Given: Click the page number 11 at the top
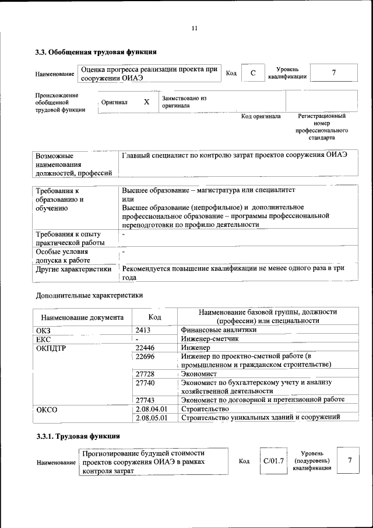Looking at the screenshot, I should (x=195, y=28).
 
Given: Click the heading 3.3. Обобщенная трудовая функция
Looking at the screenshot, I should (x=96, y=53).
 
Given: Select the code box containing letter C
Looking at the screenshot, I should (x=252, y=73).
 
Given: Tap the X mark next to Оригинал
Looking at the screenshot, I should (x=146, y=102).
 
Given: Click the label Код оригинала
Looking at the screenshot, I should (x=261, y=116).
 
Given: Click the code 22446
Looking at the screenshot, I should (x=145, y=347).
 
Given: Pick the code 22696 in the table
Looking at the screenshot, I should (x=145, y=356).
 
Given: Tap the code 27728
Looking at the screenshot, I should (x=145, y=373).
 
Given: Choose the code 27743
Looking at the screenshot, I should (x=145, y=400).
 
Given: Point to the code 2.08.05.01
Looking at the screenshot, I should (x=151, y=418).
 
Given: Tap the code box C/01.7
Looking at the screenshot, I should (x=273, y=461).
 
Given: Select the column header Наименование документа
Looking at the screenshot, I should (x=82, y=317).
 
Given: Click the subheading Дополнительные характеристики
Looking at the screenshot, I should (x=89, y=295).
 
